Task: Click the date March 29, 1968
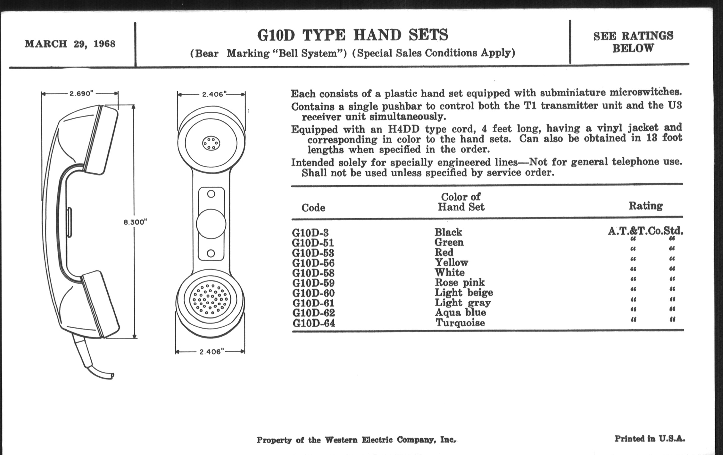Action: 70,44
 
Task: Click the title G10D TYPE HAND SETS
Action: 353,35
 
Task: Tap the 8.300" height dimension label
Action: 135,222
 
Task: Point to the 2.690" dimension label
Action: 80,94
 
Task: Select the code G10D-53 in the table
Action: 313,253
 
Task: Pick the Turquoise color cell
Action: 460,323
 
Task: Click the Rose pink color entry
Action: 460,282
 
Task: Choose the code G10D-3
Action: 310,233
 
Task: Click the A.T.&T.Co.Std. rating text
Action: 645,231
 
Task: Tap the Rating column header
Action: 646,206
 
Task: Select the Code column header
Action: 313,208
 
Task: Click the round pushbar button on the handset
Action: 211,224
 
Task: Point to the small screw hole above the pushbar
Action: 211,194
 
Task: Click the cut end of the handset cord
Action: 112,376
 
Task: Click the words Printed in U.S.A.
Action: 650,439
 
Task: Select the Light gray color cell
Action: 463,303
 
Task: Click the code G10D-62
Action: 313,313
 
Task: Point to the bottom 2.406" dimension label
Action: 210,352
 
